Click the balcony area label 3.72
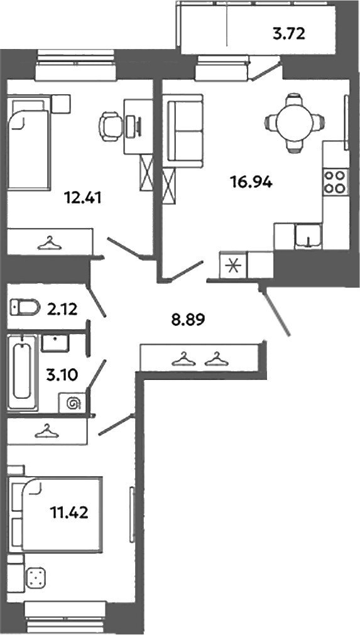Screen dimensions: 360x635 point(289,34)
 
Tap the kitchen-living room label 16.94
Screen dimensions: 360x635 point(251,183)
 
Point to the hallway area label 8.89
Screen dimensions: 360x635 point(188,320)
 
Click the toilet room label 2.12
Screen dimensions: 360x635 point(62,310)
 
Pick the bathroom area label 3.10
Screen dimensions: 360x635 point(62,376)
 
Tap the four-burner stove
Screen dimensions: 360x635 point(335,182)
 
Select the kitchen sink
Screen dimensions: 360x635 point(308,236)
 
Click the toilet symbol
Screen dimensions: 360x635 point(25,307)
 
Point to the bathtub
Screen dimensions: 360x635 point(22,371)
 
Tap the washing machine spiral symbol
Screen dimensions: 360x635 point(74,403)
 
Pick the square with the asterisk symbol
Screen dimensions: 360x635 point(232,265)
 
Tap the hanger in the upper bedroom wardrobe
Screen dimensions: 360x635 point(48,243)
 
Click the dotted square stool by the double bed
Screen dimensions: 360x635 point(36,577)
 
